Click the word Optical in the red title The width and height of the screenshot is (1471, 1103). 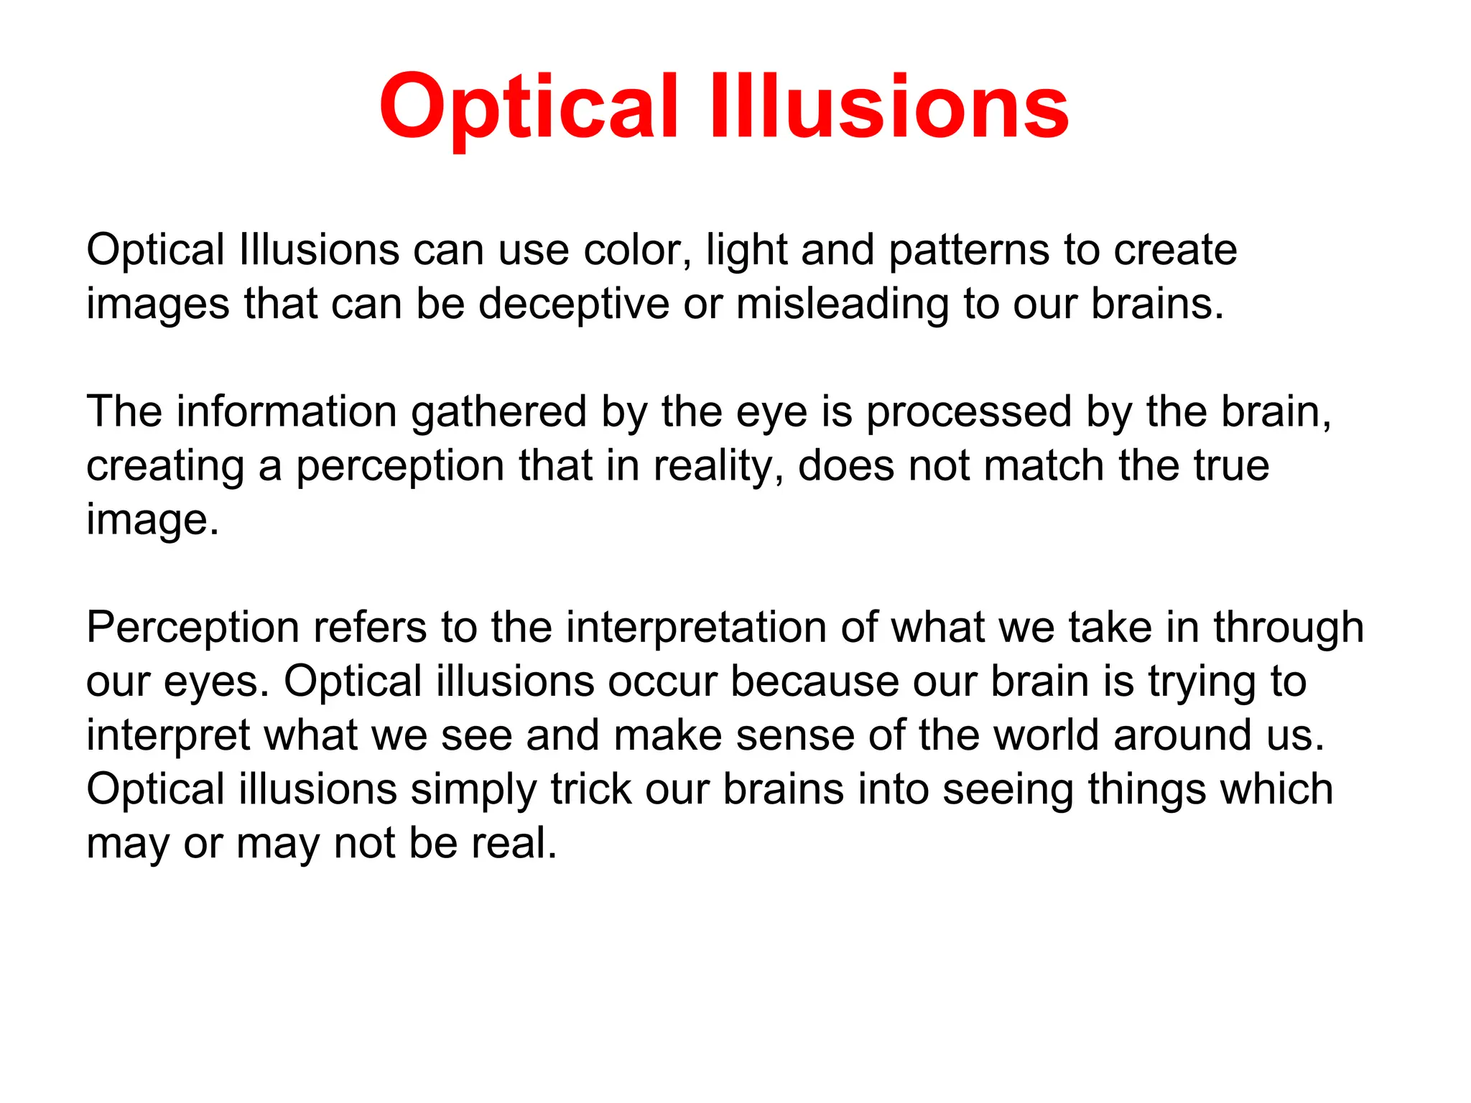(x=528, y=108)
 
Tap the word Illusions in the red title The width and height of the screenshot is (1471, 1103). (x=889, y=108)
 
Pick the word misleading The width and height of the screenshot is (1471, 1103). (x=842, y=304)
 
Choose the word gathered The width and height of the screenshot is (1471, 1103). (x=499, y=413)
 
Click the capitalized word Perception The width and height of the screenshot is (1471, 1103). (x=192, y=628)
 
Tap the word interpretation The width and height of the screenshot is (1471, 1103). (x=696, y=628)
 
